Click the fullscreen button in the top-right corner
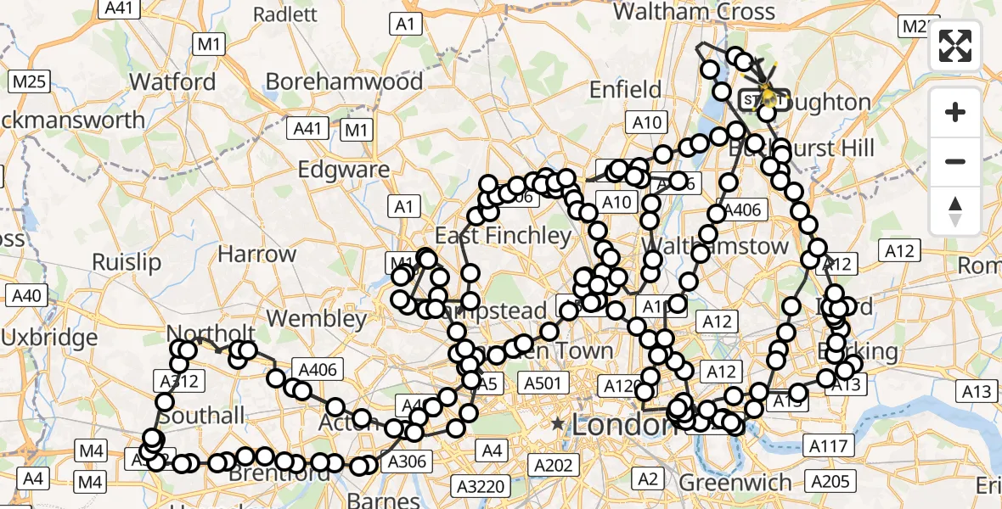pos(955,46)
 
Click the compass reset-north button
pos(955,211)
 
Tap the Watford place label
pos(173,82)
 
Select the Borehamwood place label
pos(344,81)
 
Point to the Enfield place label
pos(625,90)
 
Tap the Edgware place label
pos(343,169)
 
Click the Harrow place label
pos(256,254)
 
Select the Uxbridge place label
pos(49,338)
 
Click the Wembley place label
pos(316,320)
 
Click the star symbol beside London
pos(557,422)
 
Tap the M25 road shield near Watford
pos(29,82)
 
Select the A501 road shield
pos(542,383)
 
